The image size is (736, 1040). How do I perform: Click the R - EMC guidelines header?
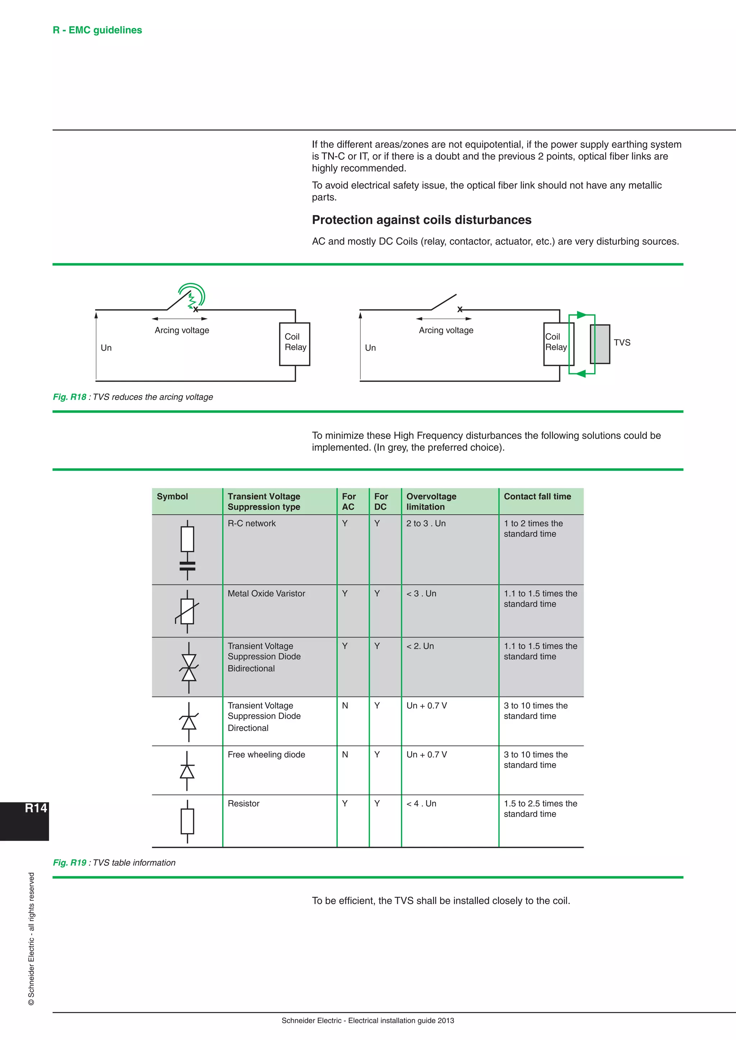[97, 30]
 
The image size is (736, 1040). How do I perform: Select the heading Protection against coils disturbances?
[422, 220]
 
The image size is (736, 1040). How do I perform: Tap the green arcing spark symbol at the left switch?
[193, 296]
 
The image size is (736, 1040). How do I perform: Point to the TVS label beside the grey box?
[622, 343]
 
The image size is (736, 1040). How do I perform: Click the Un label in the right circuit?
[370, 348]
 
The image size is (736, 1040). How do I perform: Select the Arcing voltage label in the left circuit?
[182, 330]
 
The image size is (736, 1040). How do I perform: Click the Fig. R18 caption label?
[69, 397]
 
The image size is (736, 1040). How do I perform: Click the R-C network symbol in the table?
[187, 549]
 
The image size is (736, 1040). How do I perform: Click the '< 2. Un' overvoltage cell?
[420, 646]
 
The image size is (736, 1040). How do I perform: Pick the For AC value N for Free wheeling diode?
[345, 755]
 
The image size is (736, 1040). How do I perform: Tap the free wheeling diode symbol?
[187, 771]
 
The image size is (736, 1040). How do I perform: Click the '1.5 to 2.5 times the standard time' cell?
[540, 808]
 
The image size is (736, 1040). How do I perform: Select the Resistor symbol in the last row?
[187, 821]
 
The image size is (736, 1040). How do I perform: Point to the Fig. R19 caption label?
[69, 863]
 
